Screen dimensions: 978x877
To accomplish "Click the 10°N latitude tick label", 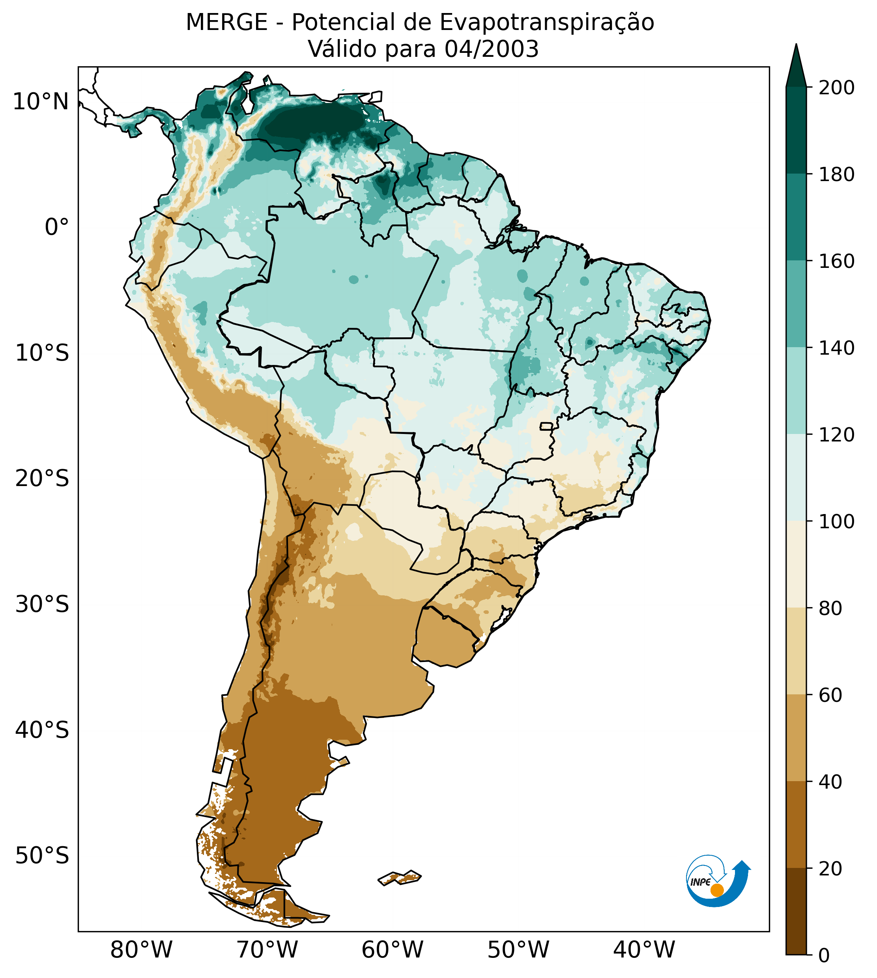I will pyautogui.click(x=41, y=102).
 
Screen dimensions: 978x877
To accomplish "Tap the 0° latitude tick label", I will pyautogui.click(x=57, y=227).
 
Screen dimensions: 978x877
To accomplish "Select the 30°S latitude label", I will pyautogui.click(x=42, y=605).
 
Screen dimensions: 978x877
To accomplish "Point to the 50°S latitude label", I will pyautogui.click(x=42, y=856).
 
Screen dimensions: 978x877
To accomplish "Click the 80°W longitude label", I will pyautogui.click(x=141, y=950).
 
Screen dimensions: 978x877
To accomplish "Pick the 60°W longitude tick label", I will pyautogui.click(x=392, y=950).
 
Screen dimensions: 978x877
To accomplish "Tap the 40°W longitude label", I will pyautogui.click(x=644, y=950).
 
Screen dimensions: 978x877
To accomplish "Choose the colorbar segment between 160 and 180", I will pyautogui.click(x=796, y=217).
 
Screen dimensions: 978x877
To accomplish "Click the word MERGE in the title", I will pyautogui.click(x=226, y=22).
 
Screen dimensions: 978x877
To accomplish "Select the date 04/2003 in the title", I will pyautogui.click(x=491, y=49).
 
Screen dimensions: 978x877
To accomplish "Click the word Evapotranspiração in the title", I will pyautogui.click(x=547, y=22).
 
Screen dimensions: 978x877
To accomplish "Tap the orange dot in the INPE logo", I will pyautogui.click(x=717, y=890).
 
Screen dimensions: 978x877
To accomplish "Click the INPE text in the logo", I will pyautogui.click(x=700, y=882).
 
